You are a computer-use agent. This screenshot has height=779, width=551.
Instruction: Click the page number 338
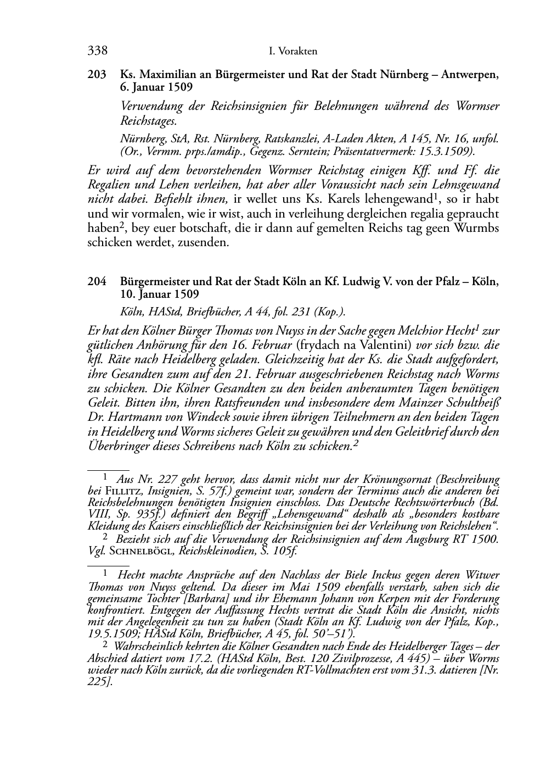(x=97, y=51)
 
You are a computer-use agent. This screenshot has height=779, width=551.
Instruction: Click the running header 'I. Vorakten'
(x=294, y=52)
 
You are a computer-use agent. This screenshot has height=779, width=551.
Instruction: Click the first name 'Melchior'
(x=412, y=331)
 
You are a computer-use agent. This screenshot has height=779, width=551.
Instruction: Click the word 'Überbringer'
(x=116, y=446)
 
